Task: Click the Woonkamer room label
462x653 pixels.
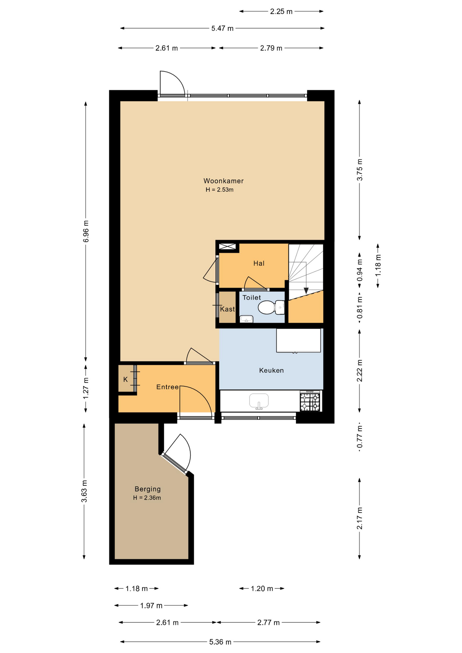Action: (224, 181)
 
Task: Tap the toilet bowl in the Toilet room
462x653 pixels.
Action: (271, 307)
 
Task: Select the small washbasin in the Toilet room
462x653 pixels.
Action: (246, 319)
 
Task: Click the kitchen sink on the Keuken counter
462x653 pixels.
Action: (259, 401)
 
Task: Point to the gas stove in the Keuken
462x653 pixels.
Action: (310, 401)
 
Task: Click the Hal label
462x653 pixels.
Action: (259, 263)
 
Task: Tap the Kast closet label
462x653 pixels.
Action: (227, 309)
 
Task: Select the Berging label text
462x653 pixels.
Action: (148, 489)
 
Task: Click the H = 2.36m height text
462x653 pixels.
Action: (147, 498)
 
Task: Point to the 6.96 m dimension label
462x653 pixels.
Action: (86, 231)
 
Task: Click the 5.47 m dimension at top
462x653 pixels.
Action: (222, 29)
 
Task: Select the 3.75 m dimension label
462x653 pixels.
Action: (360, 170)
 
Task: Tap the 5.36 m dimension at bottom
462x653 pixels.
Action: (220, 642)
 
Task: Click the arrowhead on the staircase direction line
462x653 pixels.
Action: (306, 291)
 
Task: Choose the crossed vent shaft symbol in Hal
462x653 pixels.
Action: (228, 247)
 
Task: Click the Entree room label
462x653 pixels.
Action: (167, 387)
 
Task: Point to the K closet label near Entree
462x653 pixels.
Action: (126, 379)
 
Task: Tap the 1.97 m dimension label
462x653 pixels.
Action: (151, 606)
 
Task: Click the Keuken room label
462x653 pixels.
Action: (271, 370)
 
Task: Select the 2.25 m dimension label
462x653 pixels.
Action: (281, 12)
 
